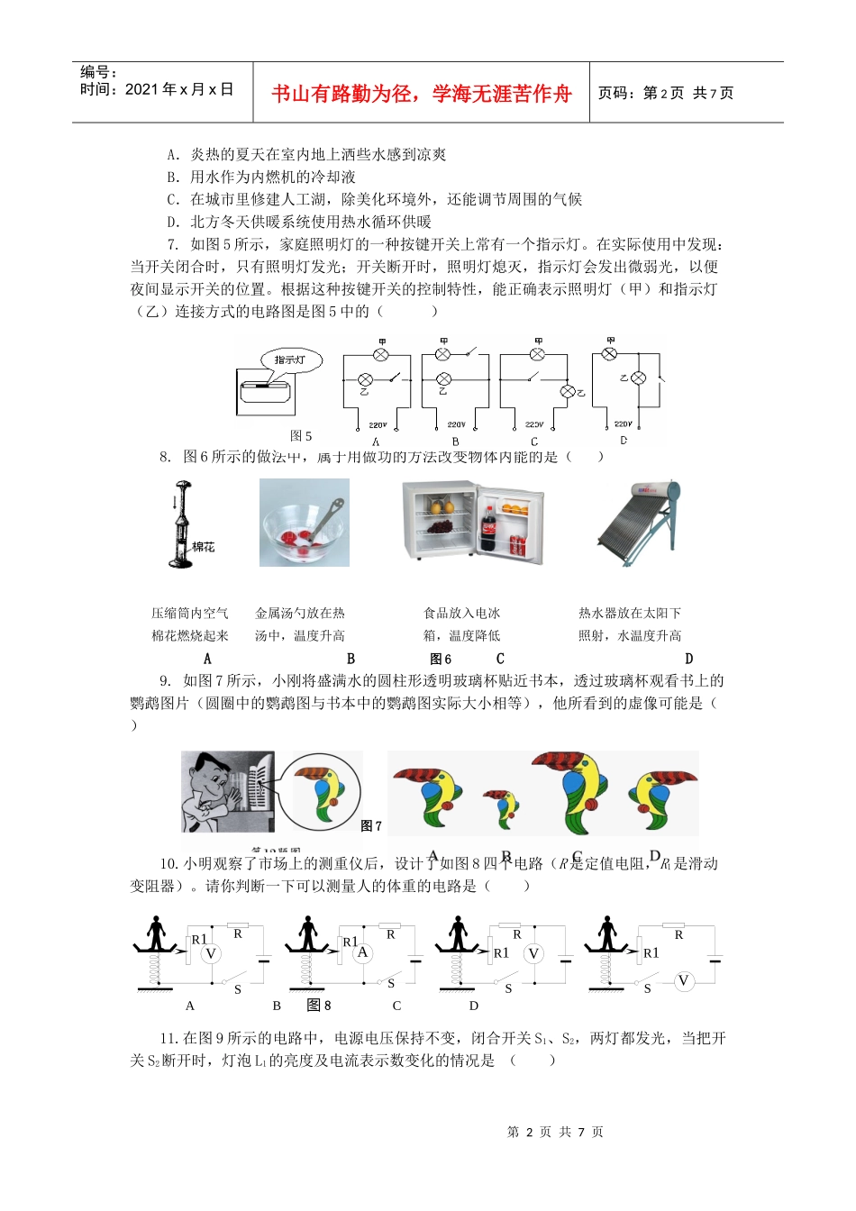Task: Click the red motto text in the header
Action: (x=421, y=94)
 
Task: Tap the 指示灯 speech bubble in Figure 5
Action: (x=290, y=360)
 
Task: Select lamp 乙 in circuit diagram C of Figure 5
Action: (x=568, y=392)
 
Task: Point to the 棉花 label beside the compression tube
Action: (x=204, y=547)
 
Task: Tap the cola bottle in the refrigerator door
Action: (x=488, y=528)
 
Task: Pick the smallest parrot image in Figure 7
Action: (x=498, y=806)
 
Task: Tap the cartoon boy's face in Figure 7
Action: (x=209, y=778)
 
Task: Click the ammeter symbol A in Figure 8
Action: (x=362, y=952)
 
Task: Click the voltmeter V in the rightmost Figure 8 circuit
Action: (x=683, y=981)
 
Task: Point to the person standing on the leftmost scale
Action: (x=158, y=932)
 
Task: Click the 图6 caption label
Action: (x=441, y=659)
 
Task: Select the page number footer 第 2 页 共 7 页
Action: (x=555, y=1132)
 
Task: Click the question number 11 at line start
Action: (x=168, y=1038)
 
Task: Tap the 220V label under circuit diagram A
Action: (x=378, y=424)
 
